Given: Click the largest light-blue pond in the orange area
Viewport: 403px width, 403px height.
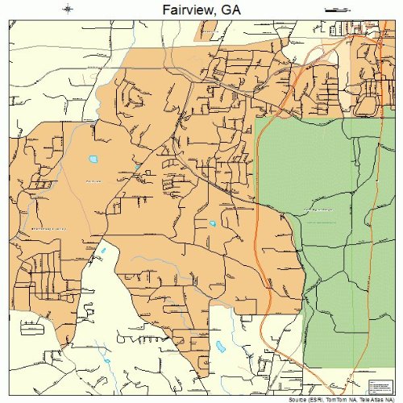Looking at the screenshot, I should (x=93, y=159).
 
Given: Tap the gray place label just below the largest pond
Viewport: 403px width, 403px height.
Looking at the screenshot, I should (x=93, y=181).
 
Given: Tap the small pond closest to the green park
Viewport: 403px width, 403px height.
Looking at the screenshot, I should (x=212, y=223).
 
